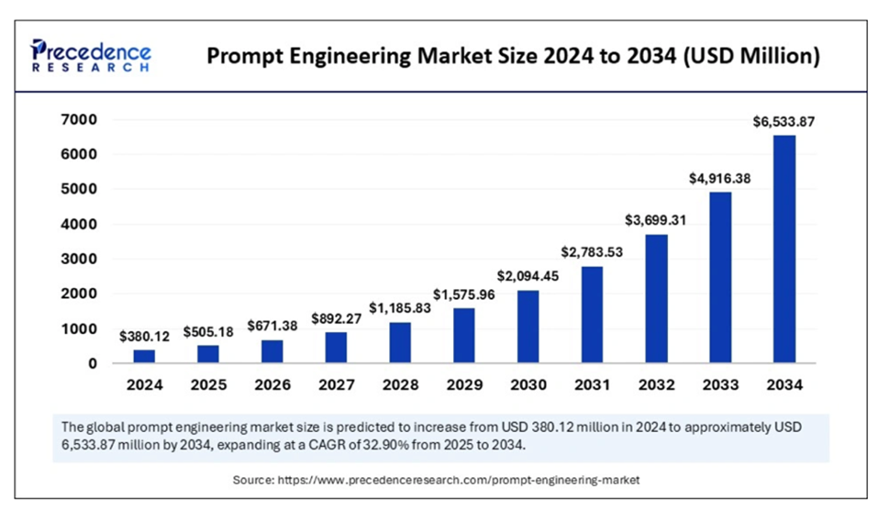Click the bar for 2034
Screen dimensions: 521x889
click(x=783, y=249)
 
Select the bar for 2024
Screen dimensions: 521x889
click(x=145, y=356)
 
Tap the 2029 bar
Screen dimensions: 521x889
click(x=464, y=335)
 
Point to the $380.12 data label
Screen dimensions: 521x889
click(x=145, y=336)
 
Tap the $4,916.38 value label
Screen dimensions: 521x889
click(x=720, y=179)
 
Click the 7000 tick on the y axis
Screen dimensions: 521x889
click(x=80, y=119)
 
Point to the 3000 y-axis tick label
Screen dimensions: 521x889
click(x=80, y=260)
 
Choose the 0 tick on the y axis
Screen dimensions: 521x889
click(x=93, y=364)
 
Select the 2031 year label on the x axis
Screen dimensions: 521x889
click(x=592, y=386)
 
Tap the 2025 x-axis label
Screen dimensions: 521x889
click(x=209, y=386)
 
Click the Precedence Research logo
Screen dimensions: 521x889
click(x=91, y=56)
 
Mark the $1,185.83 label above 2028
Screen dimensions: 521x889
click(x=401, y=308)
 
